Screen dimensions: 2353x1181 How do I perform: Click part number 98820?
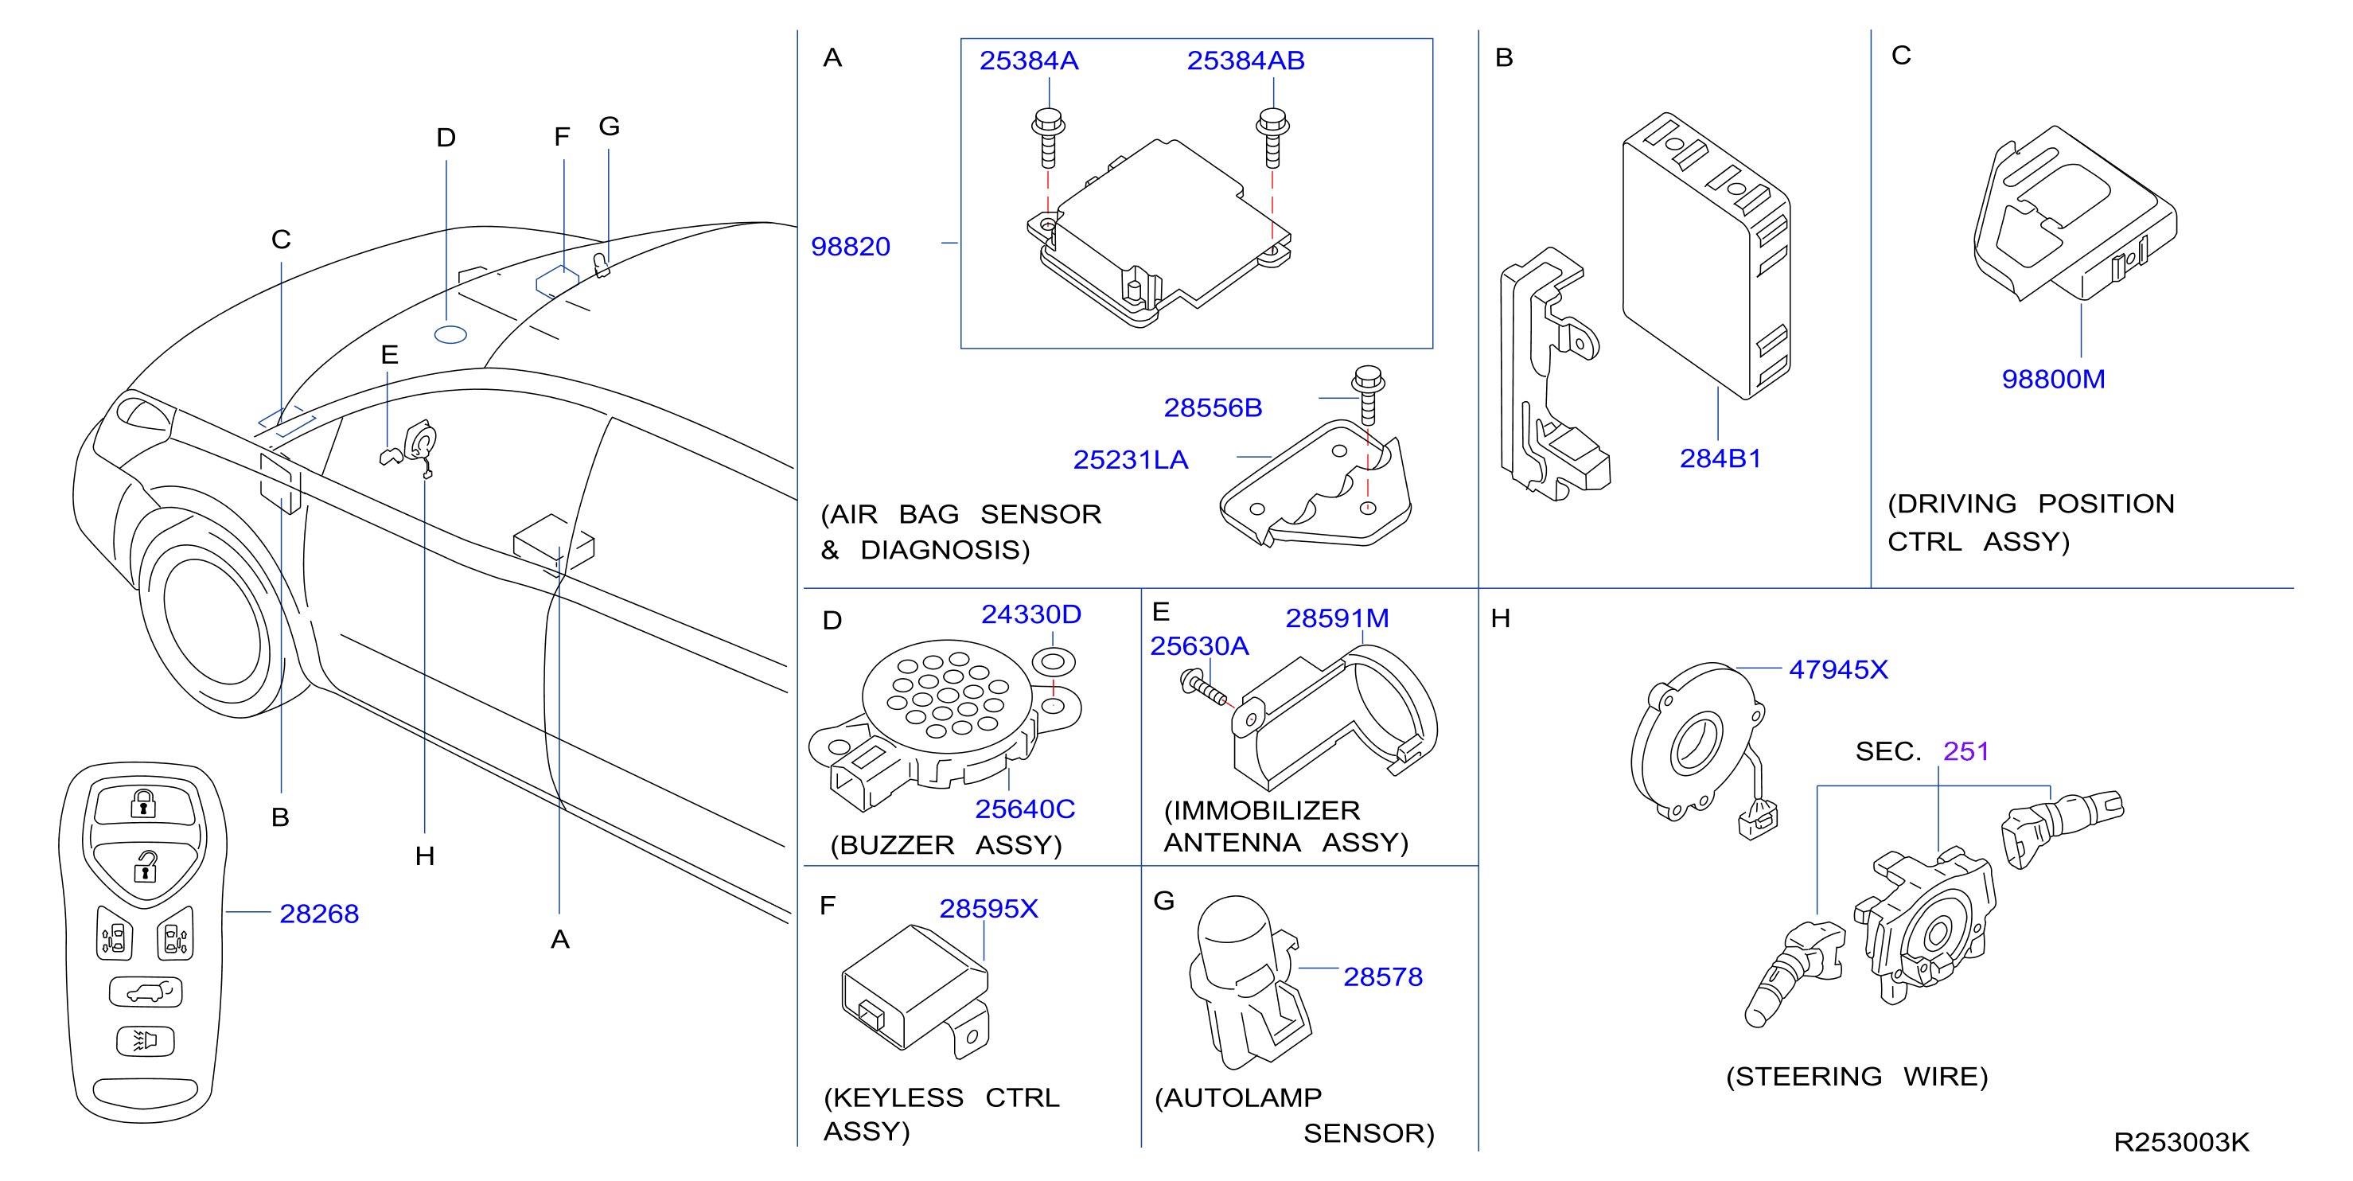(x=850, y=247)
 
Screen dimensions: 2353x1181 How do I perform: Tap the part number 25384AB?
(x=1245, y=60)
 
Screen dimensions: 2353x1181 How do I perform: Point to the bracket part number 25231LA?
(x=1130, y=459)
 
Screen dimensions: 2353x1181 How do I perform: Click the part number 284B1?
(x=1720, y=458)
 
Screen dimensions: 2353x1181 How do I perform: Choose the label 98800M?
(x=2052, y=379)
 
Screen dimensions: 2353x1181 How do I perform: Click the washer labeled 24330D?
(x=1054, y=661)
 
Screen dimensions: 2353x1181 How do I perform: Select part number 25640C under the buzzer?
(x=1024, y=809)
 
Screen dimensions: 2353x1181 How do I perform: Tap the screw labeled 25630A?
(x=1205, y=688)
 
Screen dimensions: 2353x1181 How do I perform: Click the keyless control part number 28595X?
(x=988, y=909)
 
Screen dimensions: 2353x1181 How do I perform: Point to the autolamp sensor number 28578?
(x=1382, y=977)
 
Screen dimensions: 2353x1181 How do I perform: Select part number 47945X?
(x=1838, y=669)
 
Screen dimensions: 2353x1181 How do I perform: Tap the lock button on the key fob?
(x=143, y=804)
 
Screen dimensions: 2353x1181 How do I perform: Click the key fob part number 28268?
(x=319, y=914)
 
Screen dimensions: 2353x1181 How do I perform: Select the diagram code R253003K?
(x=2181, y=1142)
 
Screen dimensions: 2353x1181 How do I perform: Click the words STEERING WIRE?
(x=1856, y=1077)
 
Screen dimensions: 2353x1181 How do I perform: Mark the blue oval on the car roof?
(x=450, y=335)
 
